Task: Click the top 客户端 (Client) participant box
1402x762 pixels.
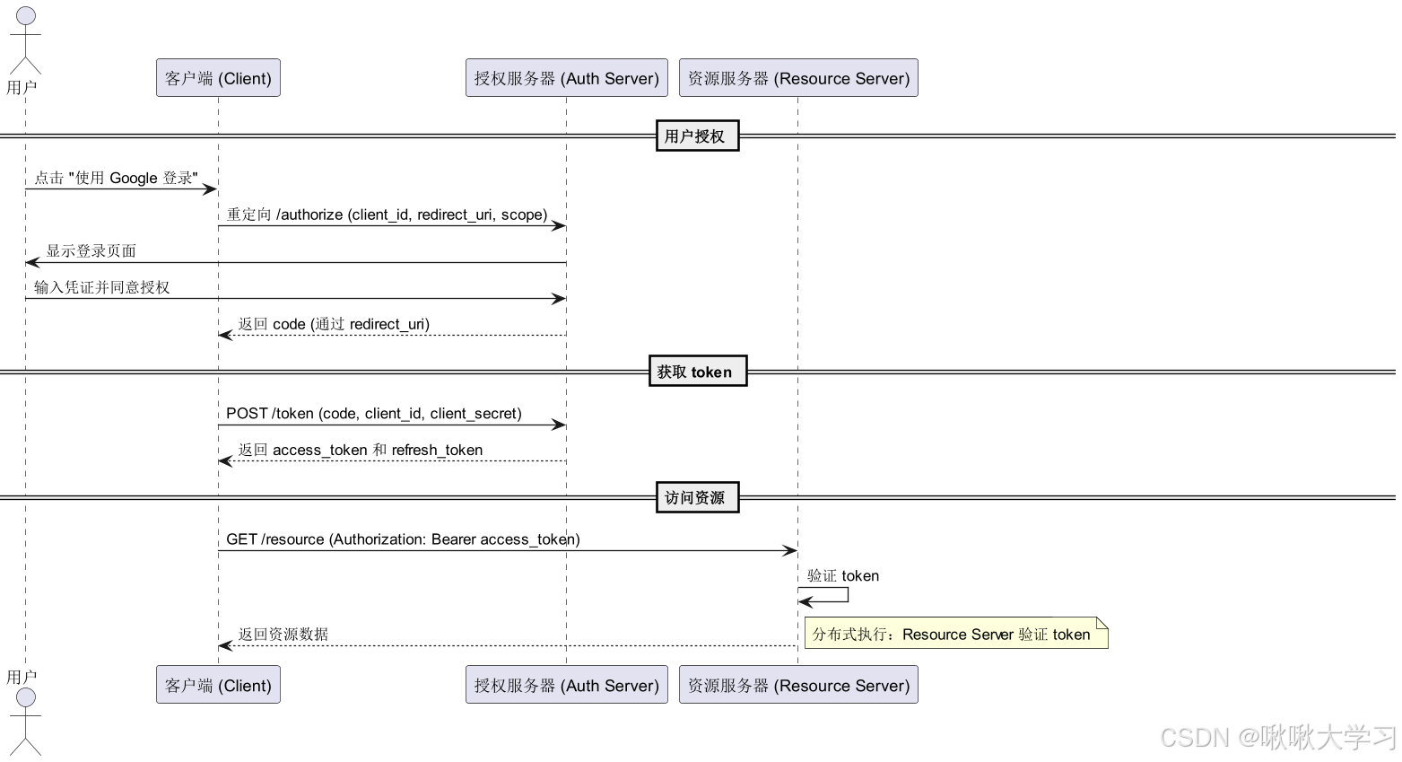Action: click(218, 78)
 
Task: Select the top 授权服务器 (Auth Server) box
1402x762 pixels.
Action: click(566, 78)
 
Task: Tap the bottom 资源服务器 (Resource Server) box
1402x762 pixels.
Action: click(798, 685)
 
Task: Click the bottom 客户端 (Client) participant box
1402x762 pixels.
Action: click(218, 685)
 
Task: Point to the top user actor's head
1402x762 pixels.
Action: click(26, 16)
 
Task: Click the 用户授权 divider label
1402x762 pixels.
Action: click(697, 136)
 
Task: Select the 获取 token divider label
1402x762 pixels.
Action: click(697, 372)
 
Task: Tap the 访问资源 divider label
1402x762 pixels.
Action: click(697, 497)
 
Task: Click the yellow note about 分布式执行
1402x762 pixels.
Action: click(955, 634)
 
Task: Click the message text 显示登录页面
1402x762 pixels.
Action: click(91, 251)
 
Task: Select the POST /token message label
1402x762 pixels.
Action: click(373, 414)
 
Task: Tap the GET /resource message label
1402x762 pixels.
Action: click(403, 539)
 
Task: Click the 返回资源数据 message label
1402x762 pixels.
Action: click(283, 635)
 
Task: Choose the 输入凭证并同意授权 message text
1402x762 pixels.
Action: click(102, 287)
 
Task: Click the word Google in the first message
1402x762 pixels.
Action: click(134, 178)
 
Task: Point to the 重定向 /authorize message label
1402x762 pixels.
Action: click(387, 215)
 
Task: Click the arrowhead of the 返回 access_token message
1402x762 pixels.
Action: click(224, 461)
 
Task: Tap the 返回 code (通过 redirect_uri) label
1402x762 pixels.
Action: click(334, 324)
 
